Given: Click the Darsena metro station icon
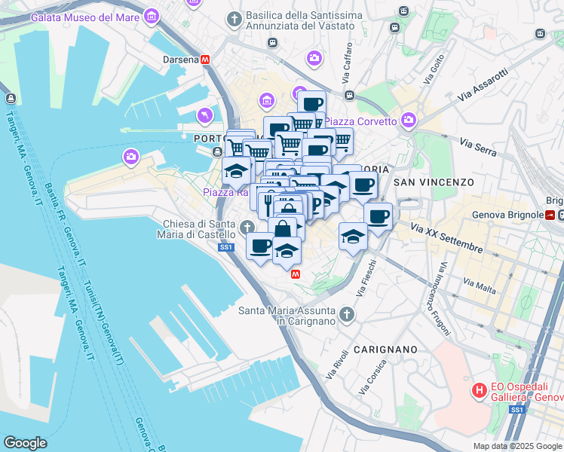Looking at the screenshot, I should tap(205, 60).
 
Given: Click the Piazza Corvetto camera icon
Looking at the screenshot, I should tap(409, 120).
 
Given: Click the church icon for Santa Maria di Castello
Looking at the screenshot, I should tap(248, 225).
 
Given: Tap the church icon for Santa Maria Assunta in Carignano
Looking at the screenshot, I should tap(346, 313).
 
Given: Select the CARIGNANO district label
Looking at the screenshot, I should tap(385, 350).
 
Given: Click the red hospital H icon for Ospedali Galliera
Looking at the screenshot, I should tap(478, 390).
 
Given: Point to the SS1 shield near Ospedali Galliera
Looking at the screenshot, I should tap(516, 410).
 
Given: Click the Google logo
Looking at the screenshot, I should tap(25, 443).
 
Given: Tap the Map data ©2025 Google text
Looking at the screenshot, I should tap(517, 446).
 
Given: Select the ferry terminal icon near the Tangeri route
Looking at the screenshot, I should tap(11, 99).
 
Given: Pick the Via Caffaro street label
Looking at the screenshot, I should tap(348, 69).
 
